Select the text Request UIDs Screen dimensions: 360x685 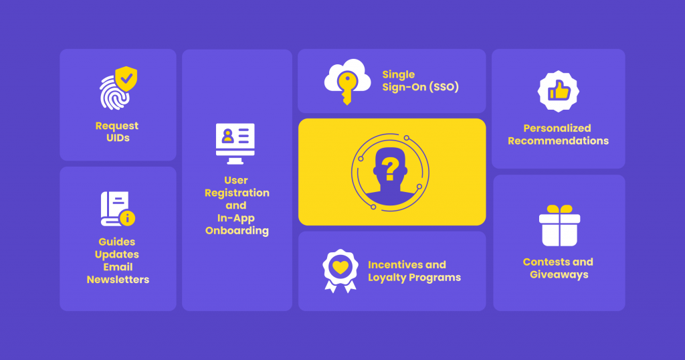(x=117, y=132)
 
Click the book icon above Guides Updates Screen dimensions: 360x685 (x=115, y=209)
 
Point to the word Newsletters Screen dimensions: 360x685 (x=118, y=280)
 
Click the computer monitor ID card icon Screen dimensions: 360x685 (x=235, y=143)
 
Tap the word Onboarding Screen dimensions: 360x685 (x=237, y=231)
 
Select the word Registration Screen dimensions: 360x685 (x=237, y=193)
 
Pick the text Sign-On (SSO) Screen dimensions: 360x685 (x=421, y=87)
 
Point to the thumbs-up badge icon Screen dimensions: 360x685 (x=558, y=92)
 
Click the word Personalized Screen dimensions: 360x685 (x=557, y=128)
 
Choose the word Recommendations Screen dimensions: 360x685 (x=558, y=141)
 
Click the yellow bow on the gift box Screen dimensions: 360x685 (x=559, y=209)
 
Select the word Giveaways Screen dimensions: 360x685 (x=559, y=274)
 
